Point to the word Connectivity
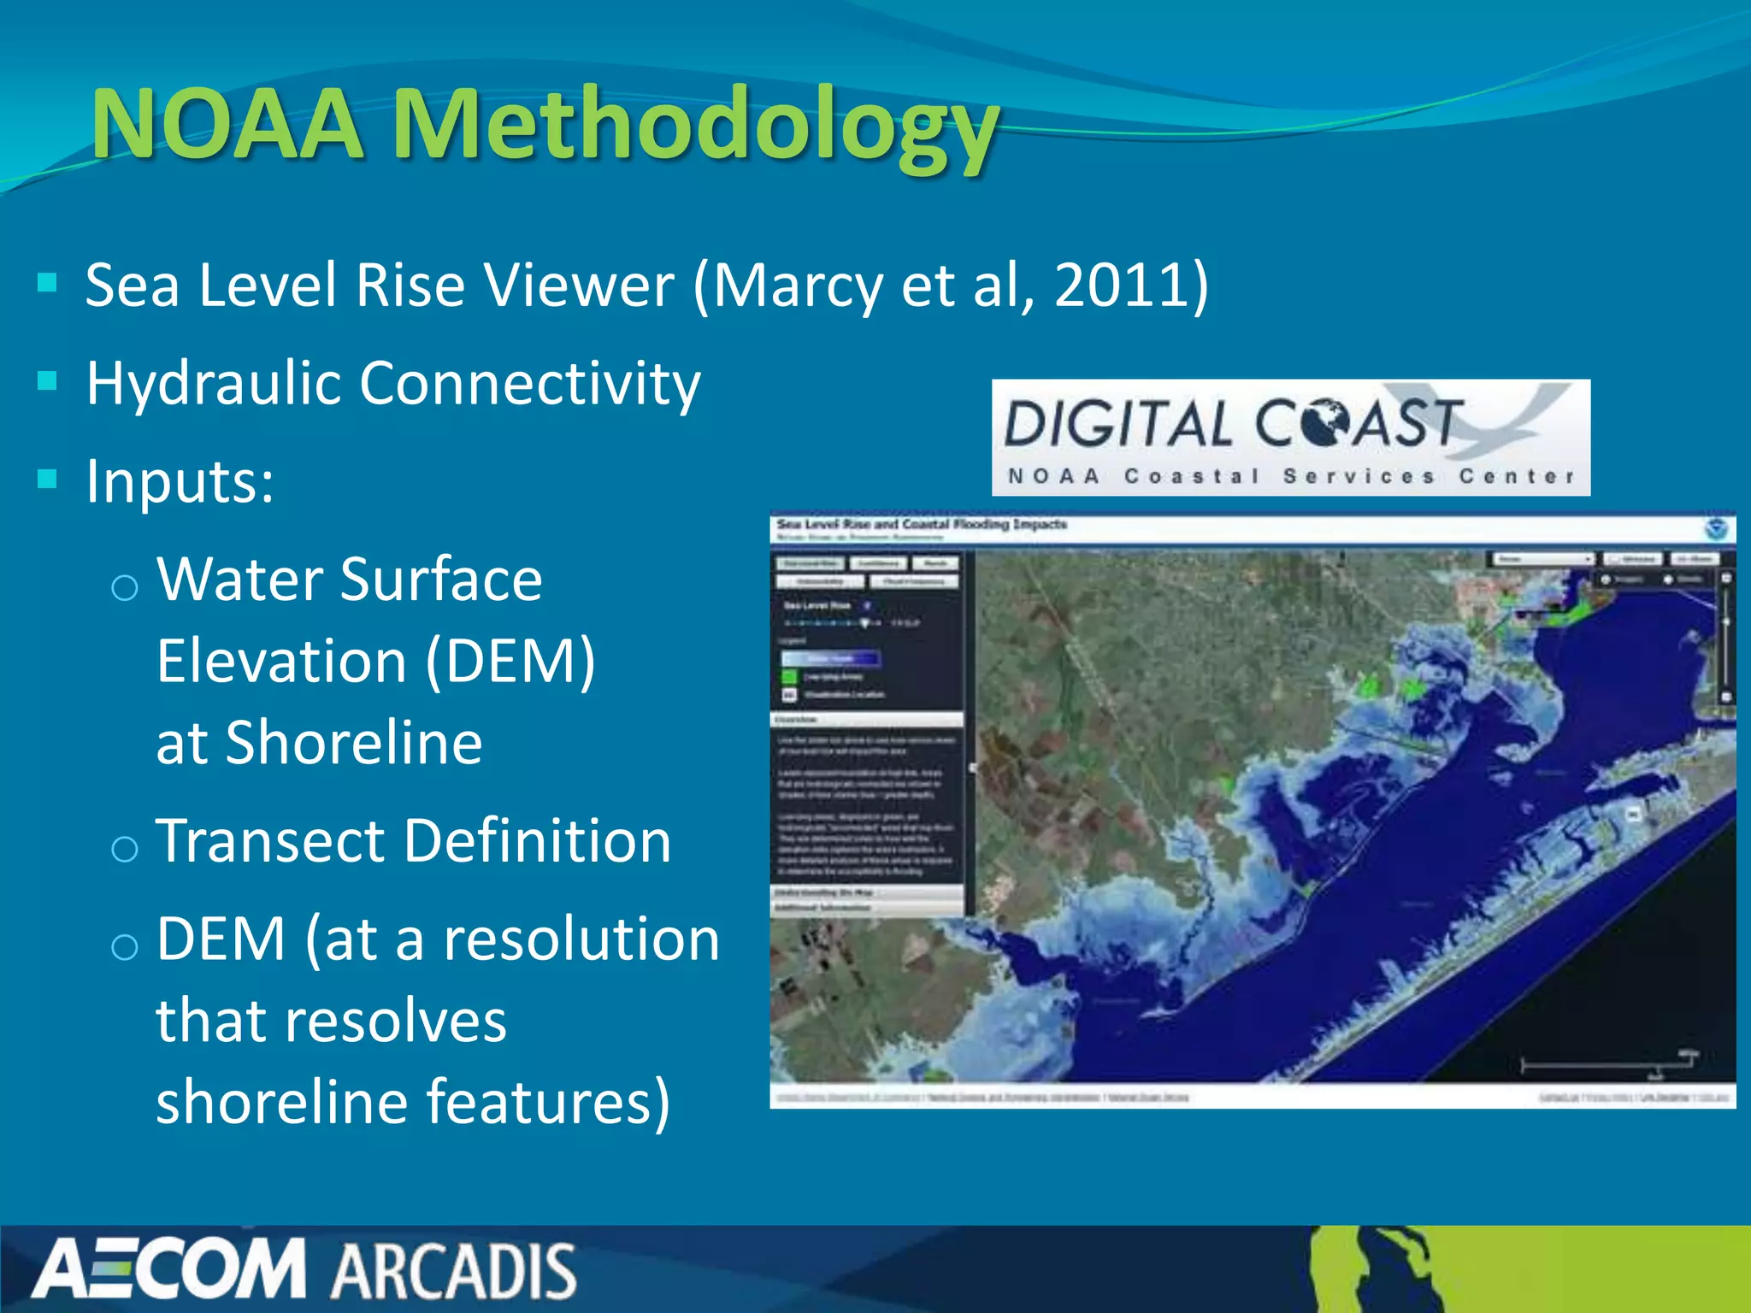[x=529, y=384]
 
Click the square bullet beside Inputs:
[x=48, y=480]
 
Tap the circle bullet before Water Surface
[x=125, y=587]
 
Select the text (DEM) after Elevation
[x=510, y=662]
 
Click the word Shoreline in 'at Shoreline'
[x=353, y=742]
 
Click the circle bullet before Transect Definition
[x=125, y=849]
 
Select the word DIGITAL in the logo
[x=1117, y=424]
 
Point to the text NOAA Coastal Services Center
[x=1291, y=476]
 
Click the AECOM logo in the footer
[x=169, y=1269]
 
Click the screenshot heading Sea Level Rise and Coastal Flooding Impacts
[x=922, y=524]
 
